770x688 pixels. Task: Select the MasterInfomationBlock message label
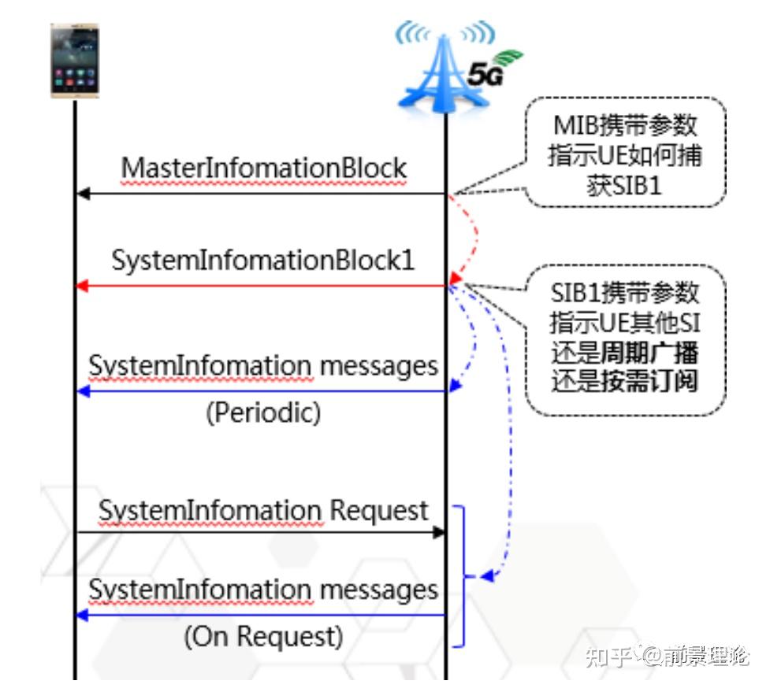click(263, 168)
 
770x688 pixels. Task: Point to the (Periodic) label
click(263, 413)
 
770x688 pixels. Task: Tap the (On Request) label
click(263, 636)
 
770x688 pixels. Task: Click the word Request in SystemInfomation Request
click(378, 511)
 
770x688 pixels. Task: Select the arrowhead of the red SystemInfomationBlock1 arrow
click(82, 287)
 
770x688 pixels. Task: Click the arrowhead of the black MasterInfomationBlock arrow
click(82, 194)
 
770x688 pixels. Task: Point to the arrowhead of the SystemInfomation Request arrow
click(439, 533)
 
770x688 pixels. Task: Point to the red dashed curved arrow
click(473, 236)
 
